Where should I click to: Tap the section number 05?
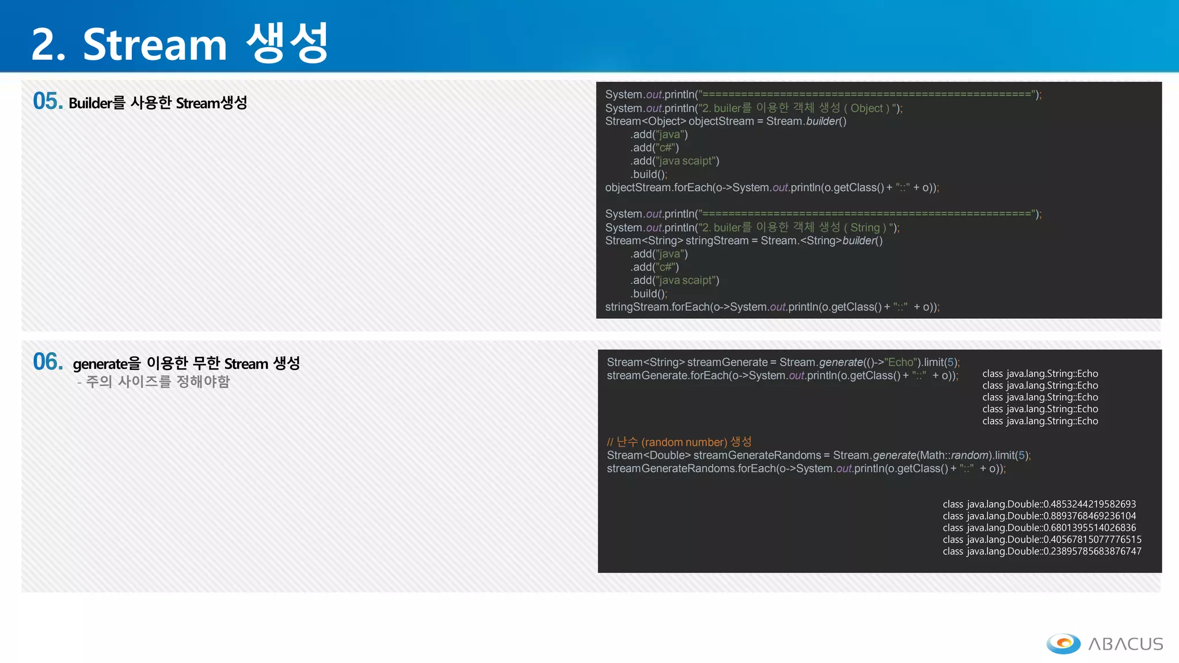pyautogui.click(x=47, y=101)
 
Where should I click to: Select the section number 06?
pyautogui.click(x=47, y=362)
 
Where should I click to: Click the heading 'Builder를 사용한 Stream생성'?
pyautogui.click(x=158, y=103)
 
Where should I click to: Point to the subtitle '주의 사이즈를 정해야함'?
pyautogui.click(x=157, y=382)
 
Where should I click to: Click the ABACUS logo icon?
pyautogui.click(x=1063, y=643)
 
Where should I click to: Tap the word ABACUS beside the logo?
pyautogui.click(x=1125, y=644)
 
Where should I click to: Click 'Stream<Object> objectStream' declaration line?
pyautogui.click(x=725, y=121)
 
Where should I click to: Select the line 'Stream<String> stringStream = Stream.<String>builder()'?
pyautogui.click(x=743, y=241)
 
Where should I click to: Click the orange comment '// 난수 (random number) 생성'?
pyautogui.click(x=679, y=442)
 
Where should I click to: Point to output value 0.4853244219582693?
pyautogui.click(x=1090, y=504)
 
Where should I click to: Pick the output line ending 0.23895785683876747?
pyautogui.click(x=1041, y=551)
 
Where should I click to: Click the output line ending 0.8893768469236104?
pyautogui.click(x=1039, y=516)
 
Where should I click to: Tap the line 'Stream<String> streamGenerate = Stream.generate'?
pyautogui.click(x=783, y=362)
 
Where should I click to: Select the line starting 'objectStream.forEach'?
pyautogui.click(x=771, y=188)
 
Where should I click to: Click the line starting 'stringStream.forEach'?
pyautogui.click(x=771, y=307)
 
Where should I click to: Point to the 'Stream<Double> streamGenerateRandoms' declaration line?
pyautogui.click(x=818, y=455)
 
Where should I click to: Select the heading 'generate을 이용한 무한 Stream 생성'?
pyautogui.click(x=186, y=364)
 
